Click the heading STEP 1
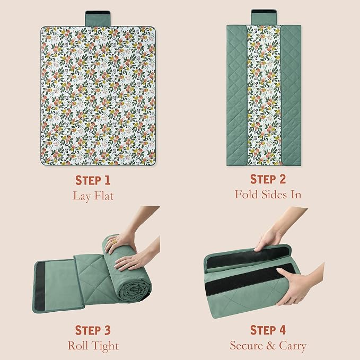coord(93,180)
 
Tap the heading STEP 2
coord(268,179)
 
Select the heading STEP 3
coord(93,330)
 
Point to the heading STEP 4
coord(268,330)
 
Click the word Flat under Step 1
coord(104,196)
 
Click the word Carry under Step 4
coord(293,346)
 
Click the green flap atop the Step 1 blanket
coord(98,19)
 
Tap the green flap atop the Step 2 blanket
coord(264,17)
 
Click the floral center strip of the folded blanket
coord(264,95)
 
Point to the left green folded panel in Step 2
coord(236,95)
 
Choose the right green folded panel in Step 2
coord(291,95)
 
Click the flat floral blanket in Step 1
coord(98,96)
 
